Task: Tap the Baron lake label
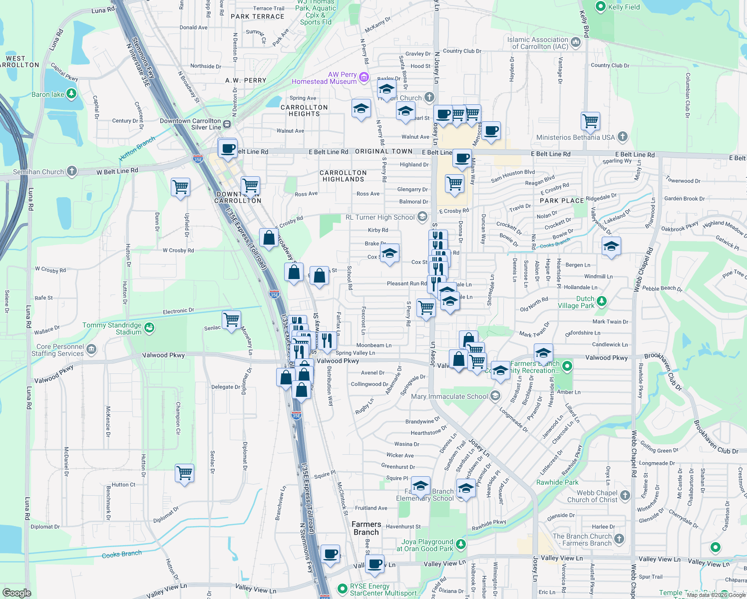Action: (x=48, y=94)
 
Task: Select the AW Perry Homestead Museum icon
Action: (x=364, y=77)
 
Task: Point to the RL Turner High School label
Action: (x=380, y=217)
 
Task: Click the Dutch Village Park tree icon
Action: (x=602, y=301)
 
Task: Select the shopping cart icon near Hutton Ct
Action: (x=184, y=472)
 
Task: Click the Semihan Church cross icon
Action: (x=72, y=171)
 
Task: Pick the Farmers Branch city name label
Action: (x=367, y=528)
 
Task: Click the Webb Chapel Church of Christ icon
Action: (x=625, y=495)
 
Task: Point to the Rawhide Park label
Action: (x=557, y=482)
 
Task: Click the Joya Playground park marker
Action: (x=461, y=543)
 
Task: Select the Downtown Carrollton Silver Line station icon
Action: (x=227, y=124)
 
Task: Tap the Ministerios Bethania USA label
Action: (x=575, y=137)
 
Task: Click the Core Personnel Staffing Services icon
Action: (x=91, y=349)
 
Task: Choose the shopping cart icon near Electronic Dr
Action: (x=232, y=319)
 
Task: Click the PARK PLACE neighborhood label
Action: (x=562, y=201)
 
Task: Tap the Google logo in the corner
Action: (x=17, y=593)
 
